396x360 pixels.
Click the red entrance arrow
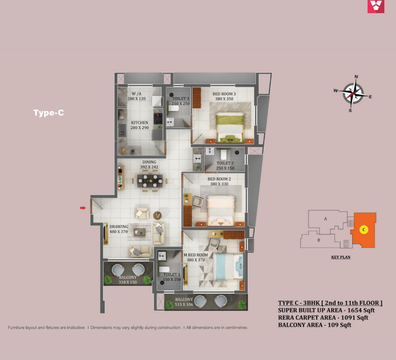point(83,208)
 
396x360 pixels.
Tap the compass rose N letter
point(356,77)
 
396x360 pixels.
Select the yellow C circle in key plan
point(364,230)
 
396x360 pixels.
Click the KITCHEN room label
point(139,123)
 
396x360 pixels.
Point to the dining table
point(150,181)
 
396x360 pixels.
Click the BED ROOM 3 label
point(224,94)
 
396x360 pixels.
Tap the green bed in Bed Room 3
point(230,128)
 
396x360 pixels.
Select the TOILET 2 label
point(225,163)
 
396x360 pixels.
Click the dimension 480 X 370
point(119,232)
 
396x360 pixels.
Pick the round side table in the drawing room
point(157,215)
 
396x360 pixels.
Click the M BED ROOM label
point(196,255)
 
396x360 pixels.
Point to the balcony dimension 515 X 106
point(184,304)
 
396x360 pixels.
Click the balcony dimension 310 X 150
point(128,282)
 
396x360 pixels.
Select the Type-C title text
point(49,113)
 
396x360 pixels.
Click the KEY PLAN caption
point(341,257)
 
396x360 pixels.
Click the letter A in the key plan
point(326,219)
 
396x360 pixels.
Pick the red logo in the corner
point(376,6)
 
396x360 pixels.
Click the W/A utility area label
point(136,94)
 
